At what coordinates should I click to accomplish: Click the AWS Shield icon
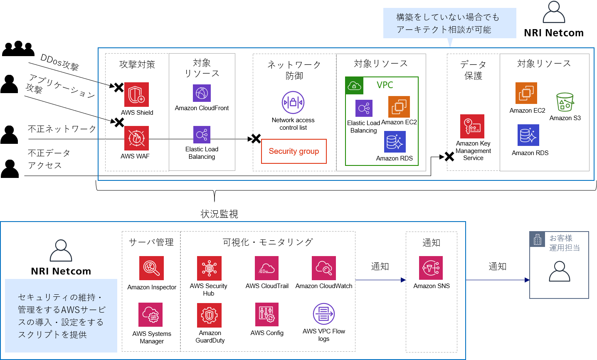coord(136,95)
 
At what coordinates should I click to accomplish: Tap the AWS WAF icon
coord(136,138)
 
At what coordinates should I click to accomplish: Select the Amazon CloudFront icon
coord(202,93)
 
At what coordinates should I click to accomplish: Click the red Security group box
coord(294,151)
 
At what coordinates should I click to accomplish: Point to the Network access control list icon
coord(293,102)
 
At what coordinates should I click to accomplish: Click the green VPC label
coord(385,85)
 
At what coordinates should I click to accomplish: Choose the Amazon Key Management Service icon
coord(472,126)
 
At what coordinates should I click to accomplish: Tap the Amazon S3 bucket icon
coord(565,102)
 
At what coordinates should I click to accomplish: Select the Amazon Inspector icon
coord(151,268)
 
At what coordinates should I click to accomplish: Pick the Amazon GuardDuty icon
coord(210,315)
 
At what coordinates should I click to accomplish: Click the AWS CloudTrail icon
coord(266,268)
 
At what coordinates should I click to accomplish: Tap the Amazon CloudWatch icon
coord(323,268)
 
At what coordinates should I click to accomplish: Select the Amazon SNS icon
coord(431,268)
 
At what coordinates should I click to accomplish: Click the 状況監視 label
coord(219,214)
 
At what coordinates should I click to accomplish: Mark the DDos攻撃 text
coord(59,62)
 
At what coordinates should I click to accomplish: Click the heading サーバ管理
coord(151,242)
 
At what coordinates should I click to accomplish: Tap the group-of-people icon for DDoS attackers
coord(18,49)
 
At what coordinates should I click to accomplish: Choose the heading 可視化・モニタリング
coord(268,242)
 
